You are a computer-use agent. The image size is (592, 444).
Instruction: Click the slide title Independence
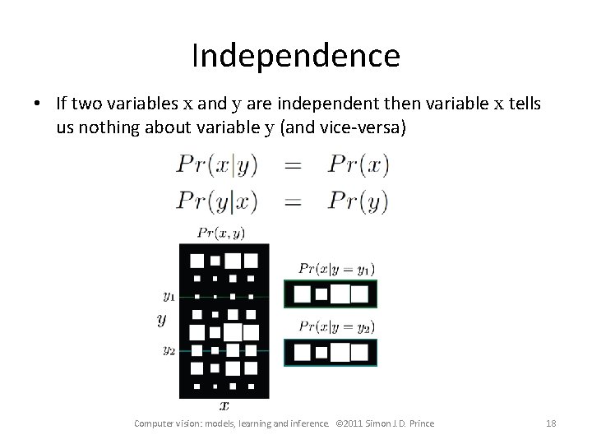[296, 56]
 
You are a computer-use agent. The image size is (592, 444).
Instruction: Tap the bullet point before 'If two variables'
[39, 104]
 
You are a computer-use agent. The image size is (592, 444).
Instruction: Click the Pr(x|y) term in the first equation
[216, 165]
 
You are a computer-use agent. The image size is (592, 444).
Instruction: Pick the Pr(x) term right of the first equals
[357, 165]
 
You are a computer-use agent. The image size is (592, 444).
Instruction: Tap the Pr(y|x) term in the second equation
[216, 201]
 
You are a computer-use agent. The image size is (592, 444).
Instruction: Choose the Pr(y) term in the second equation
[357, 201]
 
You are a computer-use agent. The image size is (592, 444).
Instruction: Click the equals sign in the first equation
[293, 165]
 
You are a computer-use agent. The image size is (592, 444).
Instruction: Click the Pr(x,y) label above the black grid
[222, 234]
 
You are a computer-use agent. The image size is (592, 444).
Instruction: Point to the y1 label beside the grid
[169, 295]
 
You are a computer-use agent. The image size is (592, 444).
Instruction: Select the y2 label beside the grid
[169, 350]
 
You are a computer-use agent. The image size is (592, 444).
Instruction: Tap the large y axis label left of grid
[162, 320]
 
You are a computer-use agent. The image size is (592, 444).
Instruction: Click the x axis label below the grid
[224, 405]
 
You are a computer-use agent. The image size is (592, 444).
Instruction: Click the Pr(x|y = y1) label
[336, 268]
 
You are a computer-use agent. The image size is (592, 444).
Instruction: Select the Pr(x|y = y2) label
[336, 326]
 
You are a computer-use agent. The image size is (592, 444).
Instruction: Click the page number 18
[550, 423]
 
